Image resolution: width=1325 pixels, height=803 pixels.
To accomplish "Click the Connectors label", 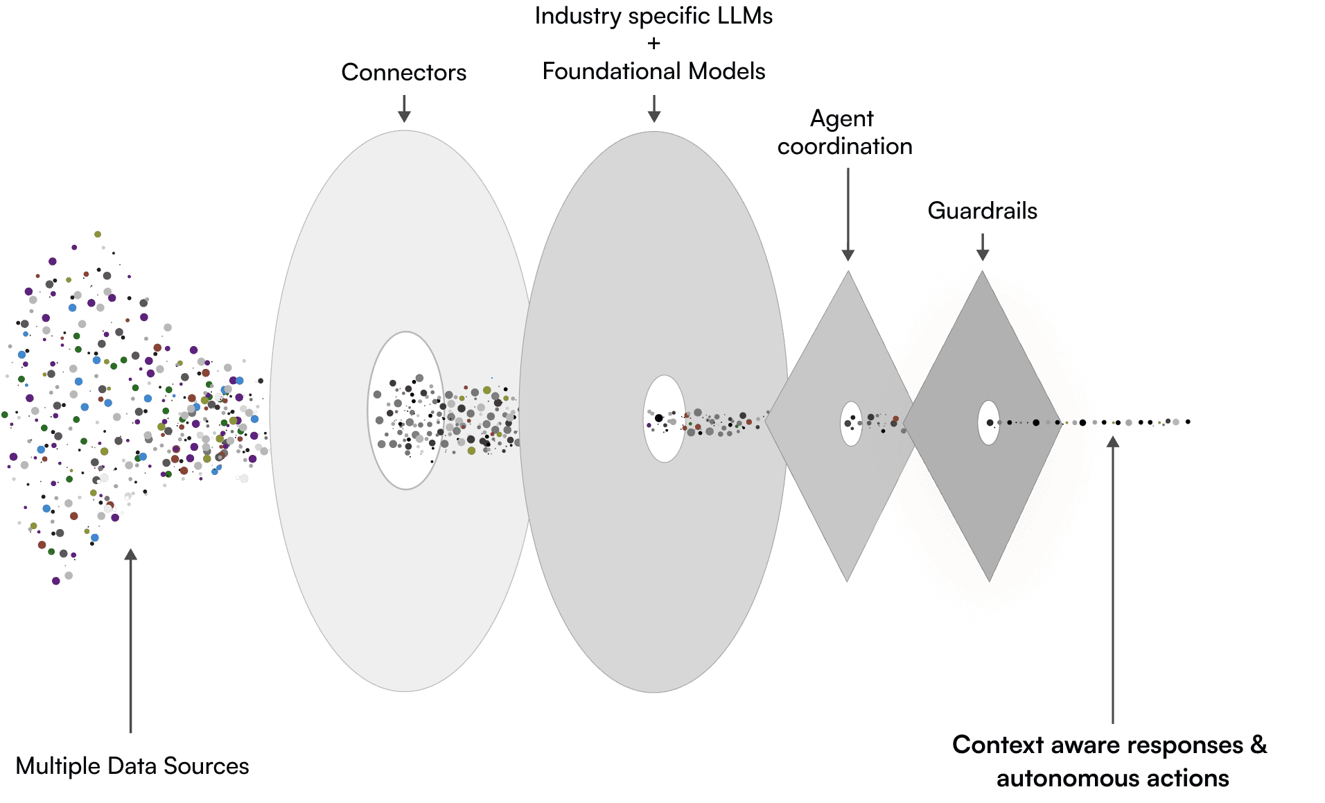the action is (403, 72).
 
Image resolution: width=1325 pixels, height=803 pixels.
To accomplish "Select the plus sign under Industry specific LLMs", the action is (653, 44).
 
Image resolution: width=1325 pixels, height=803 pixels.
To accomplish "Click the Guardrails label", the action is (982, 211).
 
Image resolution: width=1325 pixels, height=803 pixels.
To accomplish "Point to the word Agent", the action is (842, 119).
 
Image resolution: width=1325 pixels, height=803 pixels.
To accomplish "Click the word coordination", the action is (845, 146).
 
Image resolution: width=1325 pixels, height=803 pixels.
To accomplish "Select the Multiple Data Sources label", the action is (132, 766).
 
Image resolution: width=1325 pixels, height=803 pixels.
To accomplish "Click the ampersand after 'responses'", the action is (1258, 744).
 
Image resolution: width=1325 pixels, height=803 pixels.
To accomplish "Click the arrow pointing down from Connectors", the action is (404, 109).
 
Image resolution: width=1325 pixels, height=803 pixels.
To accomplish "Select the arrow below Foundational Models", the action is (653, 109).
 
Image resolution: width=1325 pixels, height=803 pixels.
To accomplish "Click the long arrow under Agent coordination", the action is (848, 215).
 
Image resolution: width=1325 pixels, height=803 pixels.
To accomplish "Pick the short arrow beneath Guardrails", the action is (982, 246).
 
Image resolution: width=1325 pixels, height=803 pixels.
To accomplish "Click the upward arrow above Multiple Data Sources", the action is (130, 638).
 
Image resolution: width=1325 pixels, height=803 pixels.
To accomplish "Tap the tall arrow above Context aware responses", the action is (1112, 576).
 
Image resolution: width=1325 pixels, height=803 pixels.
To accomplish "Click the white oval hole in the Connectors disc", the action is (405, 411).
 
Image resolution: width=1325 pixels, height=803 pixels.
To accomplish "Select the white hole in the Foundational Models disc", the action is (664, 419).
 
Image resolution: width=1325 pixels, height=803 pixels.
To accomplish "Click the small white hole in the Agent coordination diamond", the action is (851, 423).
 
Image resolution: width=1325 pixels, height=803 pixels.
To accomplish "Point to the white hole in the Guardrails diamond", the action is (988, 422).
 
